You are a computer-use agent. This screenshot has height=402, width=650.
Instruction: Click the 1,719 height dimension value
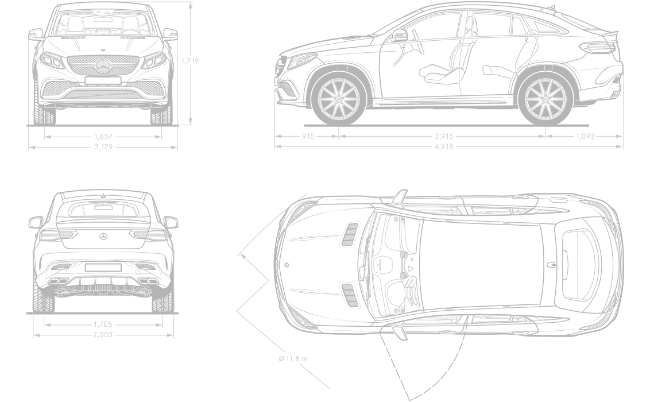point(190,61)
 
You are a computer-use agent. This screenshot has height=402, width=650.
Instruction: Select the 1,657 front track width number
point(103,136)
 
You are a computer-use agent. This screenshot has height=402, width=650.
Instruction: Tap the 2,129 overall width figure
point(103,146)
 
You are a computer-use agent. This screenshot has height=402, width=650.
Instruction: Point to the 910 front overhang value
point(308,136)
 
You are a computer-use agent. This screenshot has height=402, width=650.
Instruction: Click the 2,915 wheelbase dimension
point(444,136)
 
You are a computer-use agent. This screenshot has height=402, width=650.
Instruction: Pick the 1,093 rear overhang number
point(585,136)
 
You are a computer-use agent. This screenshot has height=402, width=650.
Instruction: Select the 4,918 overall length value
point(444,146)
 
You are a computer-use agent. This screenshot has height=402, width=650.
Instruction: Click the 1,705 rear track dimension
point(103,324)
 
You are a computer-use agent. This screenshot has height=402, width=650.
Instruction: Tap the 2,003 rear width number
point(103,335)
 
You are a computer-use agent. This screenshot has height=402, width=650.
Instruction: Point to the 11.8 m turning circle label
point(293,358)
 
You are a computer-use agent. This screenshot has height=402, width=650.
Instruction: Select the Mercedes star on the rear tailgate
point(103,236)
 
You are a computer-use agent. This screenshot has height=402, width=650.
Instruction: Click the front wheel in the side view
point(339,99)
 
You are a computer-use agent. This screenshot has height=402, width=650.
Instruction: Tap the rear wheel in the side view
point(545,99)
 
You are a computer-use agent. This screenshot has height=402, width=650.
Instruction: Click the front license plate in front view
point(103,81)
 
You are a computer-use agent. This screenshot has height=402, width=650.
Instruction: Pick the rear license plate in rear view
point(103,267)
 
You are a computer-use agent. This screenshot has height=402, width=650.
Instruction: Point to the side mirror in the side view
point(400,36)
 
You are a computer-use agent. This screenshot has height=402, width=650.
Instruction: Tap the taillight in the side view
point(598,48)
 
